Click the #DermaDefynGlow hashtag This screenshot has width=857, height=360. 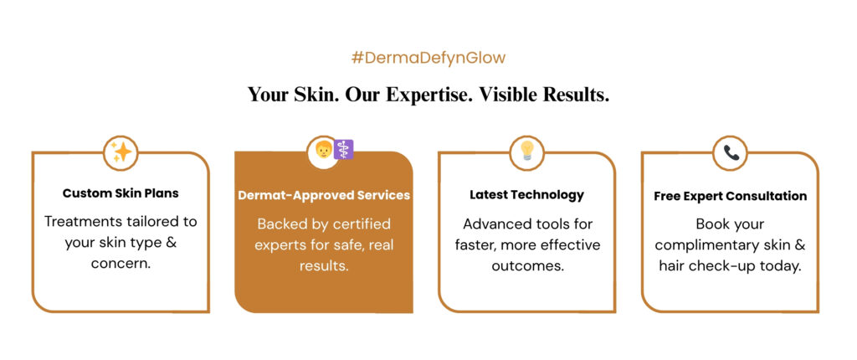pos(428,59)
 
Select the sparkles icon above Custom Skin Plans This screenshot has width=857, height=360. pos(121,152)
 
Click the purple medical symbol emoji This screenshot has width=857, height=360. pos(344,149)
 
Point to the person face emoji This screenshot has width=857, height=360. pos(324,149)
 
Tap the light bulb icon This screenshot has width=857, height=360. pos(527,151)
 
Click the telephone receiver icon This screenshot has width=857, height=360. pos(731,152)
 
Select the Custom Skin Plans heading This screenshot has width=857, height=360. pos(121,193)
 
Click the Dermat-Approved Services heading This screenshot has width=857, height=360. pos(324,195)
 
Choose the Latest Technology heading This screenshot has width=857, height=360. pos(527,195)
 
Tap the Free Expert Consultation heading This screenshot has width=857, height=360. pos(730,196)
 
